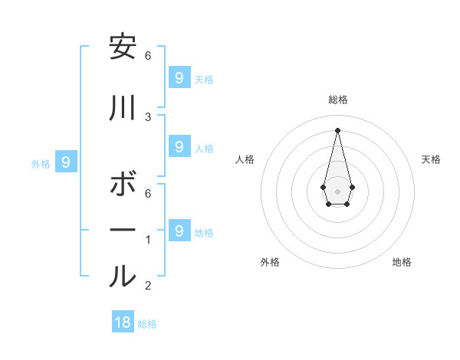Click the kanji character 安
click(123, 47)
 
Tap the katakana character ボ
click(123, 185)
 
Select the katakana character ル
click(123, 277)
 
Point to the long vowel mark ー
click(123, 231)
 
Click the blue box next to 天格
click(179, 77)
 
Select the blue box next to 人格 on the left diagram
click(179, 146)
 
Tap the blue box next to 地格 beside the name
click(179, 229)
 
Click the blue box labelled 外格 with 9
click(66, 162)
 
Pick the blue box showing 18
click(123, 322)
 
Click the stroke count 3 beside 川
click(148, 117)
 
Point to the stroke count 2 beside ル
click(148, 286)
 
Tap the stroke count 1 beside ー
click(148, 240)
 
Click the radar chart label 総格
click(338, 100)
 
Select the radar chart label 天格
click(432, 159)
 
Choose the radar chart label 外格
click(270, 263)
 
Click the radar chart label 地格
click(402, 263)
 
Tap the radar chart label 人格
click(245, 159)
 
